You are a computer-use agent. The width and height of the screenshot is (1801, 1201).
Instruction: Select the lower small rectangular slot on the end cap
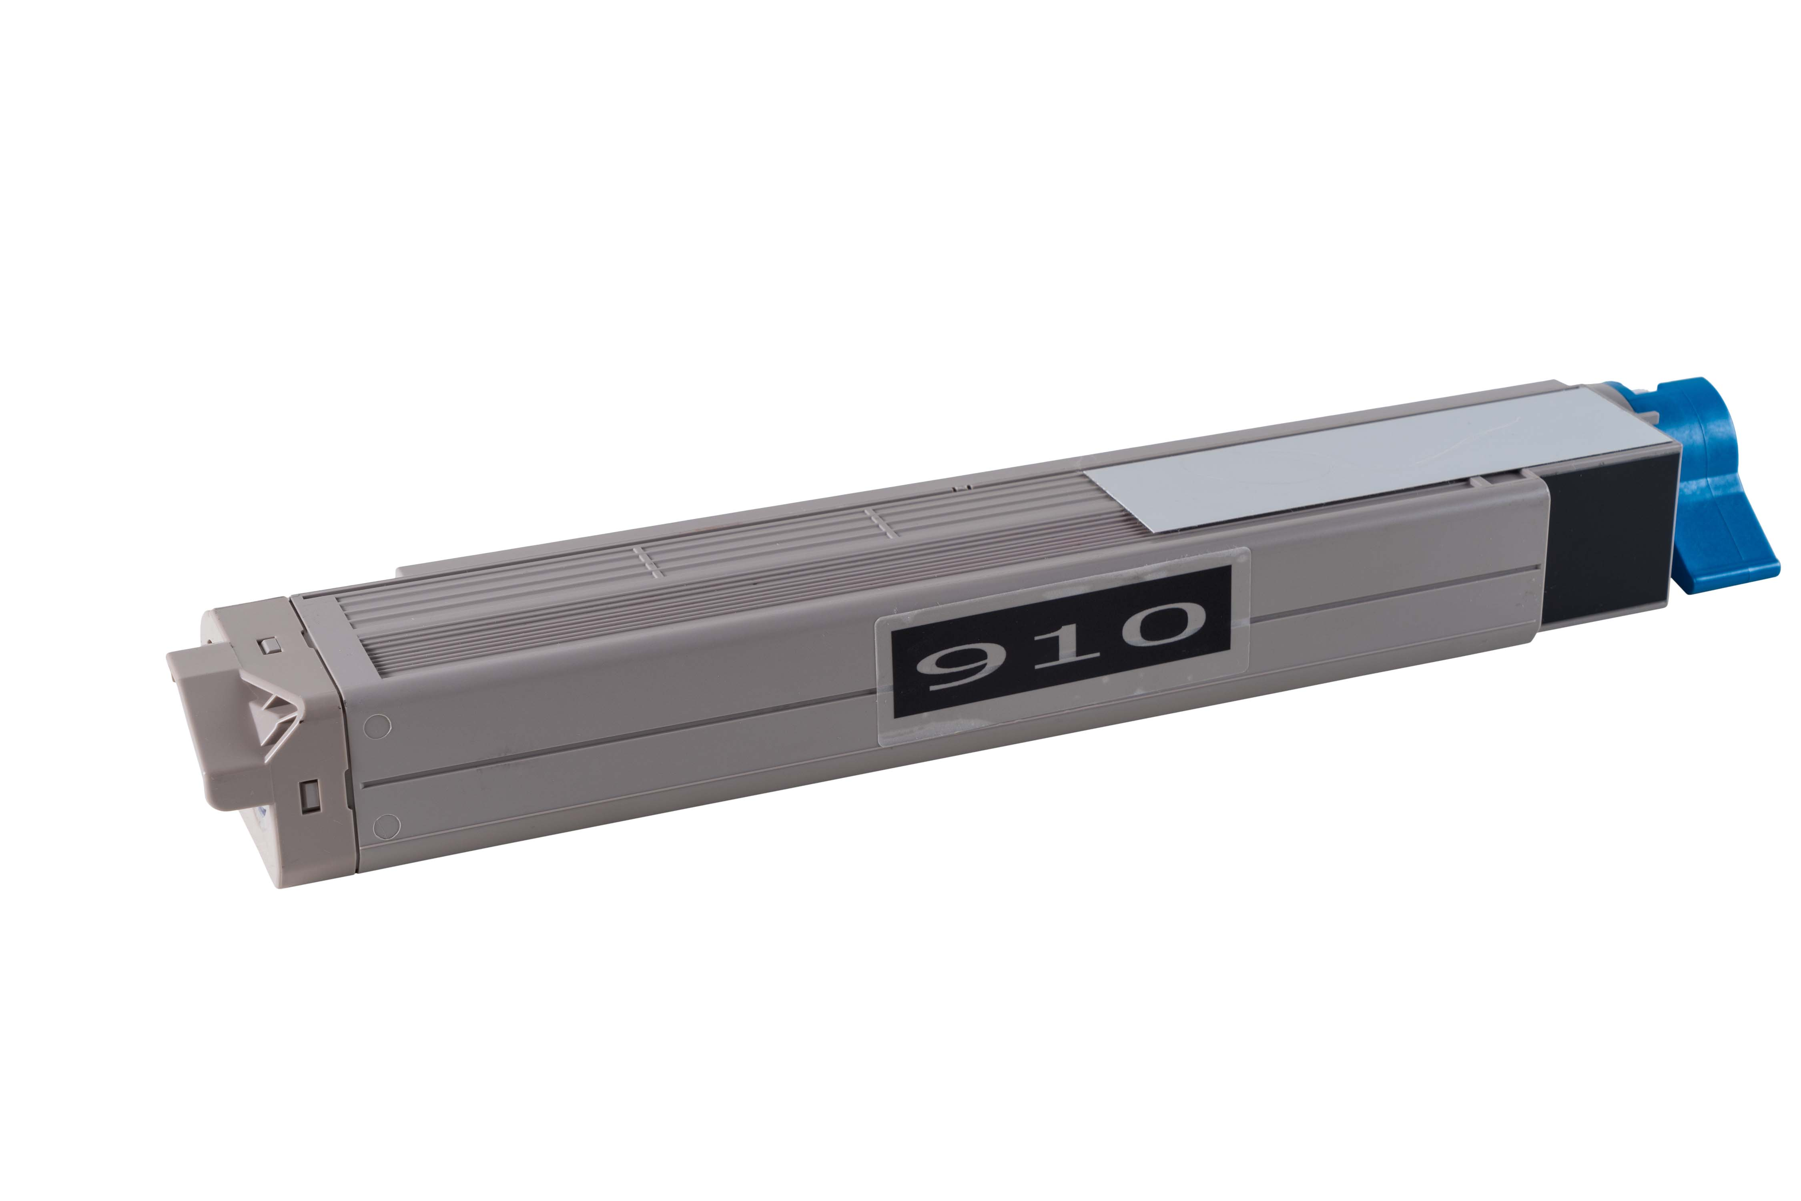pos(310,794)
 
